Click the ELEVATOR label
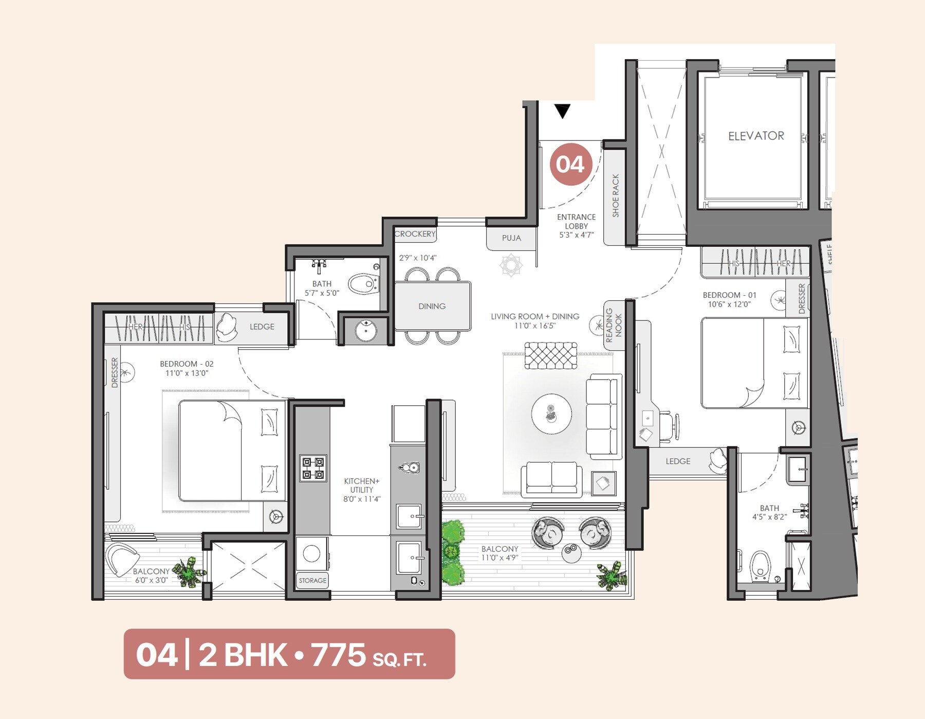756,136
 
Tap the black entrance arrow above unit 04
563,111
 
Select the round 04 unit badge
570,165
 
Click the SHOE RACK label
616,195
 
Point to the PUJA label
511,238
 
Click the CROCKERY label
415,234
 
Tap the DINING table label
432,306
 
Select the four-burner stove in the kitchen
313,468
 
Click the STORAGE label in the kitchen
312,581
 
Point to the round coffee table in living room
551,414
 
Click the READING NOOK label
614,326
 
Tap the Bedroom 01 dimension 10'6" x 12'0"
729,304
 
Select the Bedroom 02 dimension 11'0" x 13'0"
187,373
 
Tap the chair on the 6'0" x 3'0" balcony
121,559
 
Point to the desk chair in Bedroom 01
668,426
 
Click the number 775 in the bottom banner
338,655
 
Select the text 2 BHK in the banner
243,655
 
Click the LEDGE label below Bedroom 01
678,461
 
